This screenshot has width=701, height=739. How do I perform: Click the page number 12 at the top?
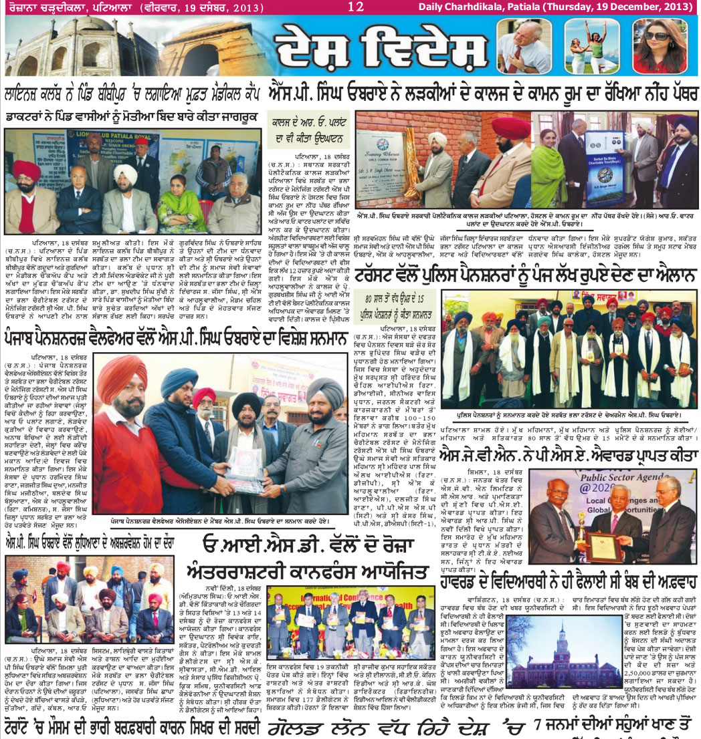(x=355, y=7)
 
